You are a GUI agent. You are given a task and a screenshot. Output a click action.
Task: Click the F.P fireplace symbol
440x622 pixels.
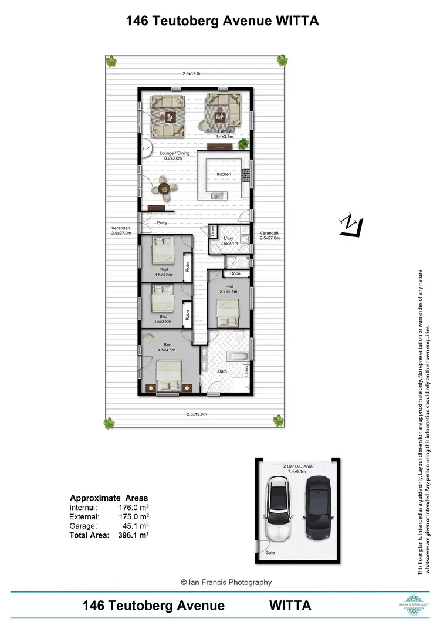tap(145, 149)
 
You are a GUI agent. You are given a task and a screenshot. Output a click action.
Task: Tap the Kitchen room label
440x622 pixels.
tap(224, 174)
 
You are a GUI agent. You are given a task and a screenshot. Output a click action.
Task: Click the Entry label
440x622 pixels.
tap(162, 223)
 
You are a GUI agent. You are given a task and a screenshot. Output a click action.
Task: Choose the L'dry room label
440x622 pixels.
tap(227, 239)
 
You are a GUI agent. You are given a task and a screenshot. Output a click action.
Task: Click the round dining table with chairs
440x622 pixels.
tap(163, 188)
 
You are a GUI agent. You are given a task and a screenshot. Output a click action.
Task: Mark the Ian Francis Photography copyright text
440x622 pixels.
tap(226, 582)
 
